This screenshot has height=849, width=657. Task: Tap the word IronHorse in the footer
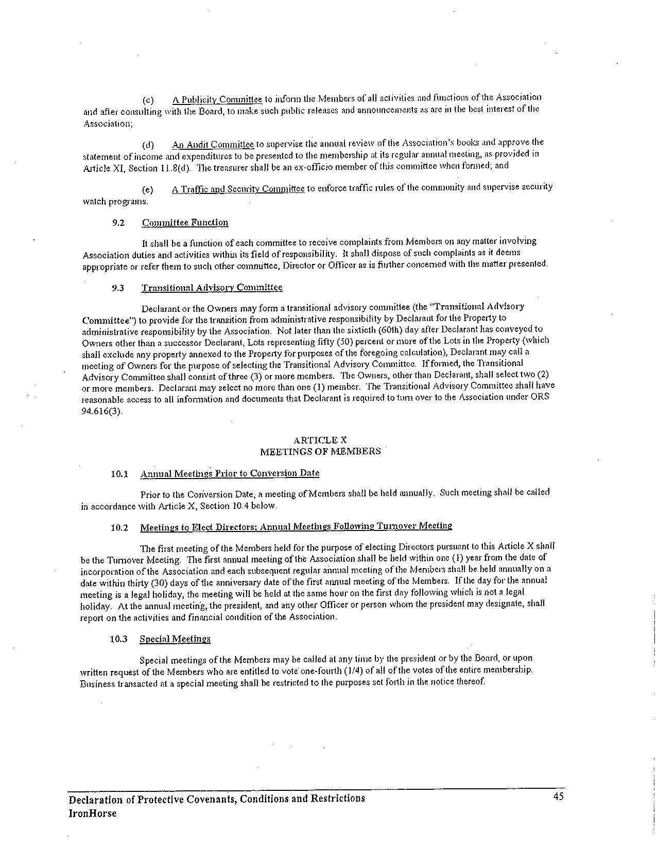pyautogui.click(x=93, y=813)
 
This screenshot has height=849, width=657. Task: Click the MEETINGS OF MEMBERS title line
pyautogui.click(x=320, y=451)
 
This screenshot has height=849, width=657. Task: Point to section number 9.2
pyautogui.click(x=118, y=223)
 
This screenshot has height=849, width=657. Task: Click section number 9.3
pyautogui.click(x=118, y=288)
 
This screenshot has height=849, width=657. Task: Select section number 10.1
pyautogui.click(x=119, y=473)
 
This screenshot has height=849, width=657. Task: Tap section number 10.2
pyautogui.click(x=119, y=527)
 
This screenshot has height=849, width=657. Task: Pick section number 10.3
pyautogui.click(x=118, y=639)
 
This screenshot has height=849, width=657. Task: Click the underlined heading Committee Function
pyautogui.click(x=185, y=223)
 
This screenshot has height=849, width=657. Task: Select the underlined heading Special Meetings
pyautogui.click(x=175, y=639)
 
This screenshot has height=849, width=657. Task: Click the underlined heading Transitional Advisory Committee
pyautogui.click(x=212, y=288)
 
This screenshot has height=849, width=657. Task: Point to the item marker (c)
pyautogui.click(x=148, y=99)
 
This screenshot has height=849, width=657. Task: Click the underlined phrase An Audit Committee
pyautogui.click(x=213, y=144)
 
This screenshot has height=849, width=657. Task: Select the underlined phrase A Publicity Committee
pyautogui.click(x=217, y=99)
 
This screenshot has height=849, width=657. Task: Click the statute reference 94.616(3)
pyautogui.click(x=102, y=412)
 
